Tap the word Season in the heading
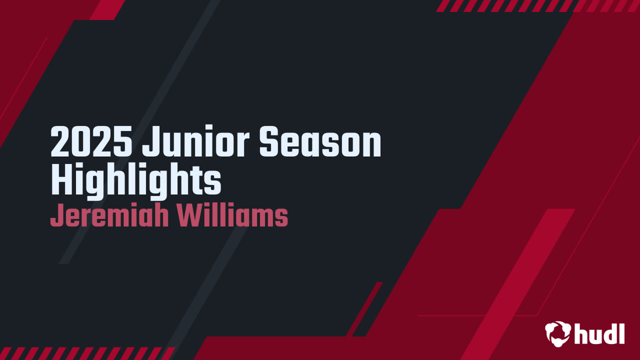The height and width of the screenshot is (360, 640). click(x=320, y=142)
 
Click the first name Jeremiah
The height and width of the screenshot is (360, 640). click(x=107, y=216)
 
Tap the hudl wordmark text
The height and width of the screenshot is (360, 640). click(x=599, y=333)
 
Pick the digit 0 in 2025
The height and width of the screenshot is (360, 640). click(x=81, y=142)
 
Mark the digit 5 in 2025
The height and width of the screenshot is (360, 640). click(x=123, y=142)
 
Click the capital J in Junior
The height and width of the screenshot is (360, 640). click(x=149, y=142)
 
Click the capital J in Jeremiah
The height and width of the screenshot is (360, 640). click(x=55, y=216)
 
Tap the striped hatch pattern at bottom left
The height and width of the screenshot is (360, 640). click(x=85, y=353)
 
